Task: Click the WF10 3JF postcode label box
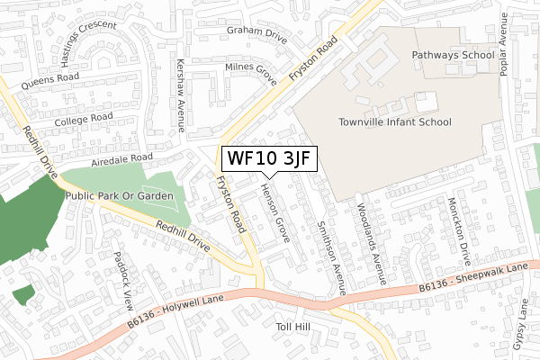(268, 158)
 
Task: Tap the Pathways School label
(453, 55)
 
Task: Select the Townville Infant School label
(395, 122)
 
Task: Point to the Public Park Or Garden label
(118, 194)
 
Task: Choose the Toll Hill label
(293, 326)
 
